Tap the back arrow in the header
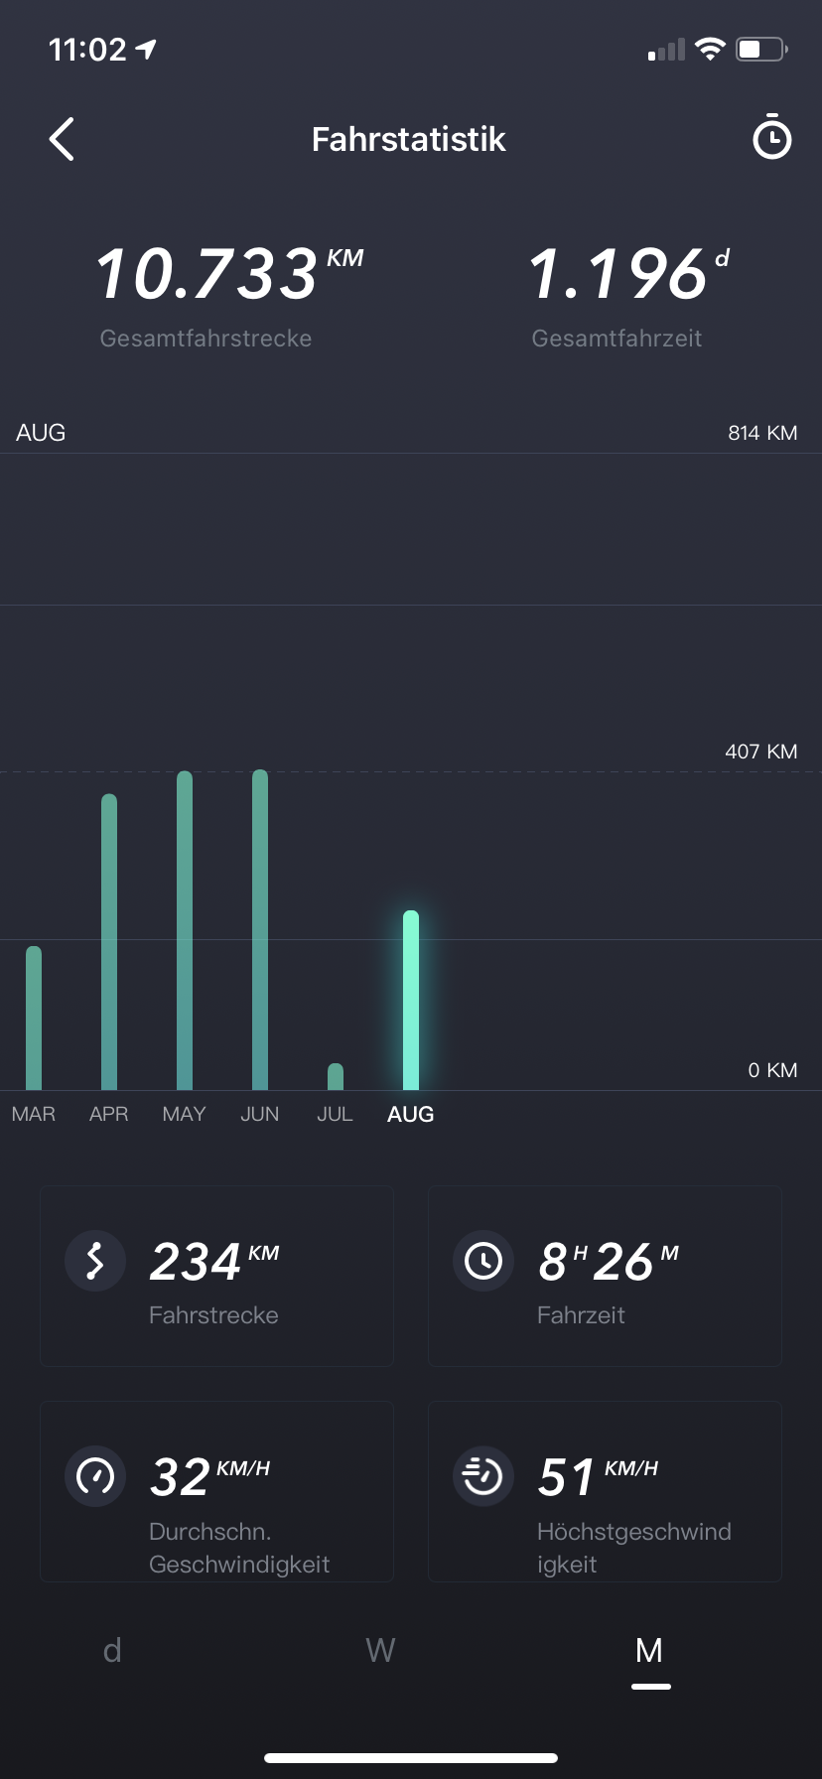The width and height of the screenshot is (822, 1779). (62, 139)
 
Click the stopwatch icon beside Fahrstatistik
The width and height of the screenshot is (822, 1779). (771, 138)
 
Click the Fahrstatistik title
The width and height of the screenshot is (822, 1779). (408, 139)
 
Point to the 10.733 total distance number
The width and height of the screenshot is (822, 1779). (206, 274)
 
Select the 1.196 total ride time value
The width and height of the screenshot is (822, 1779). (617, 274)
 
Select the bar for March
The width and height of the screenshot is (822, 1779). (34, 1018)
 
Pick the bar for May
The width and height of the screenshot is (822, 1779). (185, 930)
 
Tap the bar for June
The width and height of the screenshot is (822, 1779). (260, 929)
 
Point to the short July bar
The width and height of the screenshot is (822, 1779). (336, 1077)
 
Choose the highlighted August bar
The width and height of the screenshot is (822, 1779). (411, 1000)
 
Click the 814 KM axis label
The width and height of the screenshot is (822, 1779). (762, 433)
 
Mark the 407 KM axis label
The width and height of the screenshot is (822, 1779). (760, 752)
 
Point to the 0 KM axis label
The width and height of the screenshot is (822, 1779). (772, 1070)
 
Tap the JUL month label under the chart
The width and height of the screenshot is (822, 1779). (335, 1114)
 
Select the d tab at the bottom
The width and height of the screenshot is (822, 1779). (112, 1650)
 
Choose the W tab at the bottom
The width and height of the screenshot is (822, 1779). (380, 1650)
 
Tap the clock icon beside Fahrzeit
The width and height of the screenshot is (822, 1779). (483, 1261)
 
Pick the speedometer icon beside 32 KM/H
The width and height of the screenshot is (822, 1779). (95, 1476)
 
